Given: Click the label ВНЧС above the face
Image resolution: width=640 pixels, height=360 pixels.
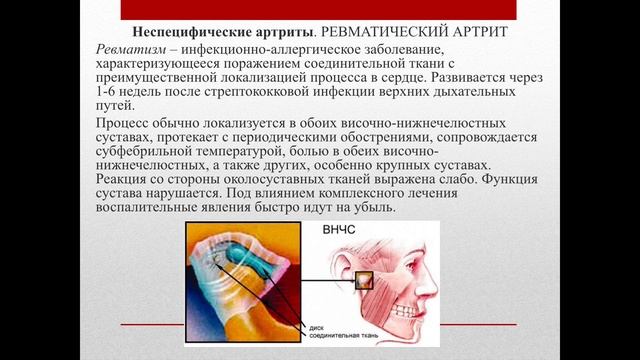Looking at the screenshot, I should (x=340, y=230).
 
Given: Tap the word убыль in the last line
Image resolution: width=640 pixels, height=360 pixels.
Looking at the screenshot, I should (x=372, y=212).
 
